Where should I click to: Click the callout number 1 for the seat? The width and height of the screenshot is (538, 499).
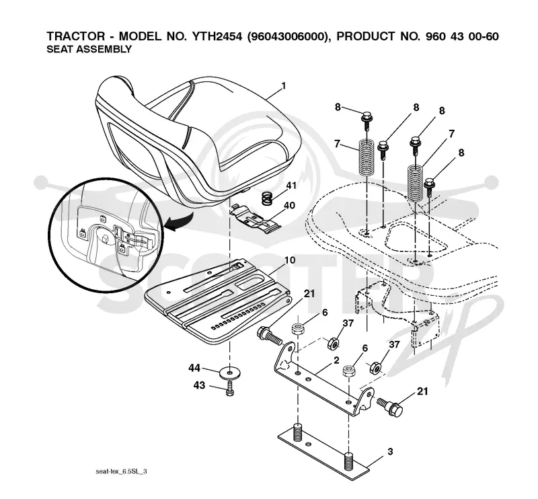coord(283,86)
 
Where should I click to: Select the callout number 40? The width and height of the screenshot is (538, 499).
coord(289,206)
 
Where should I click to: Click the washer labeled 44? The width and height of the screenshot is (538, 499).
coord(230,372)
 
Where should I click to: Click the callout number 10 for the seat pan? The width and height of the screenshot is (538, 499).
coord(289,260)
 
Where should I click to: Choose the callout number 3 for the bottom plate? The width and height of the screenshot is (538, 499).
coord(390,451)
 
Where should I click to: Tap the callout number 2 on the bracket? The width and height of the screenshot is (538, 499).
coord(336,360)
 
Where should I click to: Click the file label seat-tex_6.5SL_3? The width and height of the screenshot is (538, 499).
coord(121,471)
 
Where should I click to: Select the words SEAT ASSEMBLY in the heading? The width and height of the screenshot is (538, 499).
coord(89,49)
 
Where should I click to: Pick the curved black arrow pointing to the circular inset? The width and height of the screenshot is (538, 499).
coord(178,221)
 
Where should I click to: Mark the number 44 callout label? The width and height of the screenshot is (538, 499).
coord(194,369)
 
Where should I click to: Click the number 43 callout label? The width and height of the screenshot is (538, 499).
coord(199,385)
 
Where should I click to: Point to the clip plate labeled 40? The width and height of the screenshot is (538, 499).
coord(255,219)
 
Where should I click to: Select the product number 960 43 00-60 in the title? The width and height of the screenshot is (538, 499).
coord(462,36)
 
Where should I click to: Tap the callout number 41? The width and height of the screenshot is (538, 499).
coord(291,186)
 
